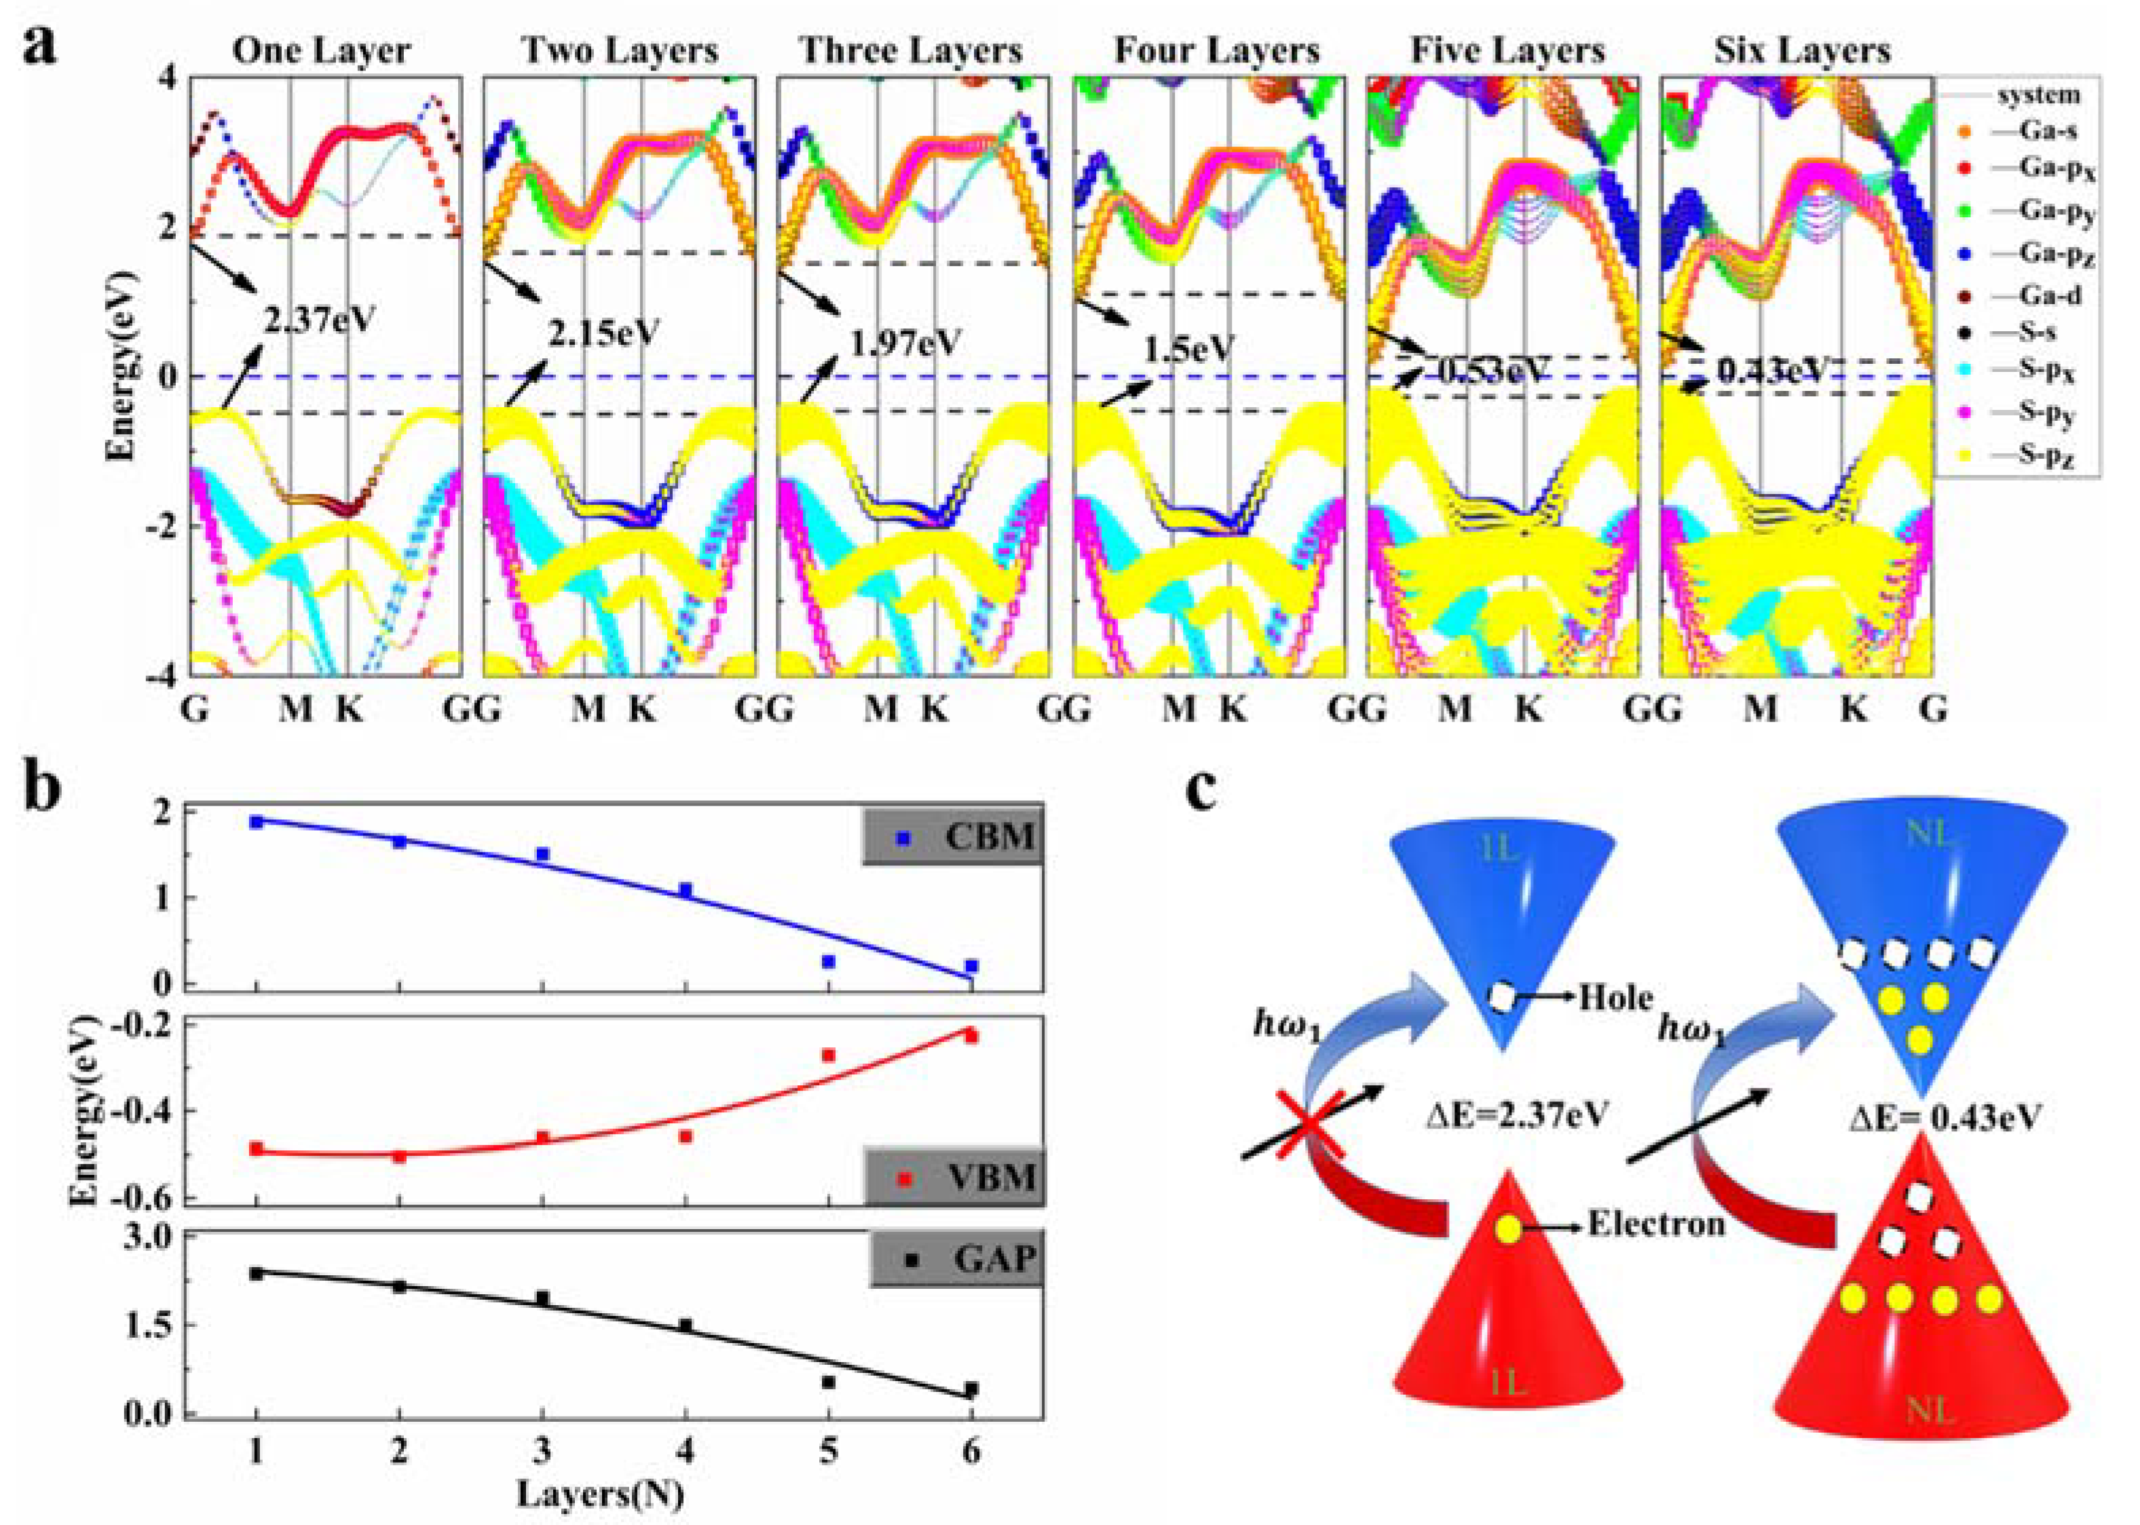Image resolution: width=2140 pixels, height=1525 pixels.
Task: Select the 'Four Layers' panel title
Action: [x=1216, y=50]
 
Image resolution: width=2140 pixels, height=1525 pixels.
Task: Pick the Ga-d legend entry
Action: [x=2047, y=295]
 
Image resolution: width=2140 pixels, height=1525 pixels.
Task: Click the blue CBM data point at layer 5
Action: [x=828, y=962]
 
